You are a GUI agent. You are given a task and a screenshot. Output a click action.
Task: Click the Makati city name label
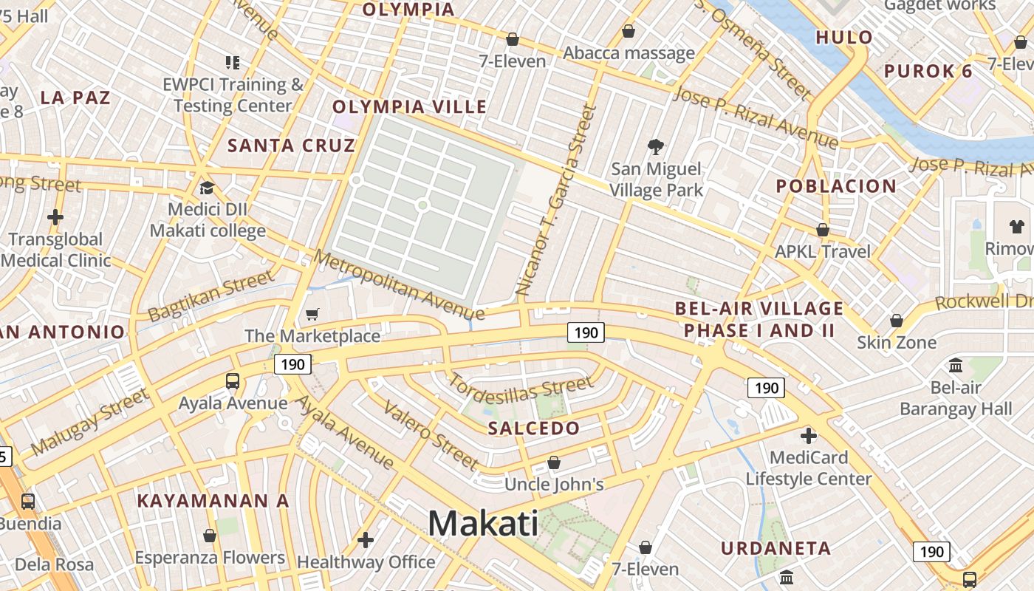pos(483,524)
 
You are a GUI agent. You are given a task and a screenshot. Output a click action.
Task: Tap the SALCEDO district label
pos(534,428)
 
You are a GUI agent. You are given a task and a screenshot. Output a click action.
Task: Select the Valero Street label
pos(431,436)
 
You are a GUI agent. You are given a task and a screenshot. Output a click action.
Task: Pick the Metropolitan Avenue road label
pos(399,285)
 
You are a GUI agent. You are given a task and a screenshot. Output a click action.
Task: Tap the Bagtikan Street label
pos(210,296)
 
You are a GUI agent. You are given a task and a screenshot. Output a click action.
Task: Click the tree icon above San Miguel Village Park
pos(655,147)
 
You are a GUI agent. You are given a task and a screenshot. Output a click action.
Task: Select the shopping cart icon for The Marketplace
pos(312,315)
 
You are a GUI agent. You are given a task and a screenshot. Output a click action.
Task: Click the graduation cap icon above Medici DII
pos(207,188)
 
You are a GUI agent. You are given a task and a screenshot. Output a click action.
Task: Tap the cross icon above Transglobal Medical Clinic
pos(55,217)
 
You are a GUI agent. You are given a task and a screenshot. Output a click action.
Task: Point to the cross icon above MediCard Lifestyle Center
pos(809,435)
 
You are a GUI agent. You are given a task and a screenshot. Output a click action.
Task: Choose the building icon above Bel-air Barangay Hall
pos(956,365)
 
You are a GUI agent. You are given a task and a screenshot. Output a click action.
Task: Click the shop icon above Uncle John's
pos(554,462)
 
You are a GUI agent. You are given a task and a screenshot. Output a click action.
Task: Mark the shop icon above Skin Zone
pos(897,321)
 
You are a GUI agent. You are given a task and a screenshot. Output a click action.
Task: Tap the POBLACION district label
pos(836,186)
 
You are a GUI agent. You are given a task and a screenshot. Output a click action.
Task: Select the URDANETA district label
pos(776,548)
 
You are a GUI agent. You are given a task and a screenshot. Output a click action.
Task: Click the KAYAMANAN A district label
pos(213,501)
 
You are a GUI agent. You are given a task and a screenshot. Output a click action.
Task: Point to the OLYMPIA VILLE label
pos(409,107)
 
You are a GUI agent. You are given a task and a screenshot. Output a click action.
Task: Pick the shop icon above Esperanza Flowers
pos(210,535)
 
